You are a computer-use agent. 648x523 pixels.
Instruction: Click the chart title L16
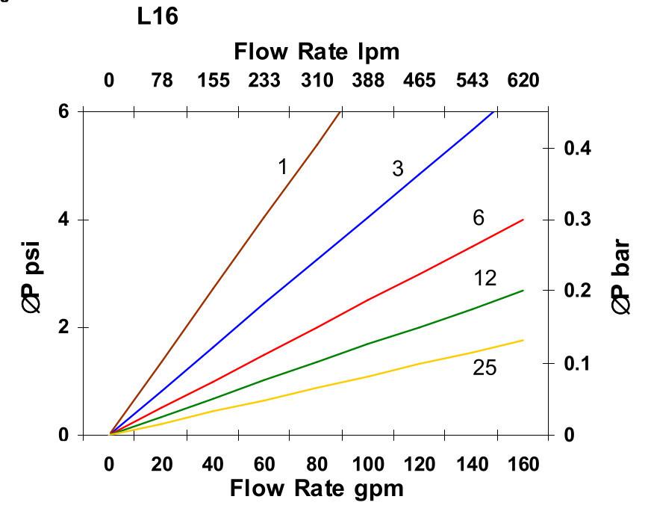click(158, 17)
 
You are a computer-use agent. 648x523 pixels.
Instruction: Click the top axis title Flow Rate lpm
click(317, 52)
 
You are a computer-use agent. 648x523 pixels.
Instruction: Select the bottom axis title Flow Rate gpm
click(317, 489)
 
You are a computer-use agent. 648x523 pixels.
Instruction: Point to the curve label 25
click(485, 368)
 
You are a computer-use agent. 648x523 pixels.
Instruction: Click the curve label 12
click(485, 279)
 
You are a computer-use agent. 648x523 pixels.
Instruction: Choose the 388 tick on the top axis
click(368, 80)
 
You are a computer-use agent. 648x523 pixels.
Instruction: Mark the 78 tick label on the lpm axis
click(161, 80)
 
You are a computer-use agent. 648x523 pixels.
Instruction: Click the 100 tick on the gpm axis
click(368, 465)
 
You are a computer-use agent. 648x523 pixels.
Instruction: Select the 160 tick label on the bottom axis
click(523, 465)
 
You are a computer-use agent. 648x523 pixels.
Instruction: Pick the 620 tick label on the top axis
click(523, 80)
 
